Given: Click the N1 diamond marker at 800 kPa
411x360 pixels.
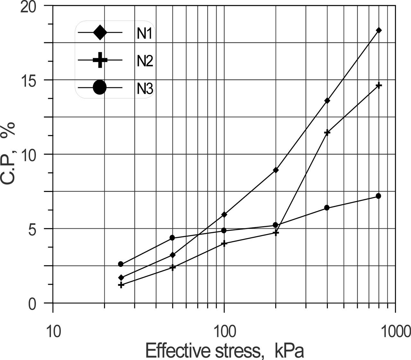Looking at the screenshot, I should (x=379, y=30).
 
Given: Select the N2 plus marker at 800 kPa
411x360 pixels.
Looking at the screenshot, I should (x=379, y=85).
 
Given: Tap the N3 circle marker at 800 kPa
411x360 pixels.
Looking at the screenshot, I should (x=378, y=196).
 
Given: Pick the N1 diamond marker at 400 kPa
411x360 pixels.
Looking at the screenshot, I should (x=327, y=100).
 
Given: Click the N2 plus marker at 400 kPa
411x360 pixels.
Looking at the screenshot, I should (x=327, y=132).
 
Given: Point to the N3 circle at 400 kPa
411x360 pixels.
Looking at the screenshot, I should (x=327, y=208).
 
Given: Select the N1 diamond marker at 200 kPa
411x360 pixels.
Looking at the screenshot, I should (x=275, y=170).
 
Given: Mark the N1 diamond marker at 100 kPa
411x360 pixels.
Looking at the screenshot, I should (x=224, y=214).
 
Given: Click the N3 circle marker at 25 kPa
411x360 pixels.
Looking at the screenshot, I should (x=121, y=264).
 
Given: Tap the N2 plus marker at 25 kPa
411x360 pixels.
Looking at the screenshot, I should (x=121, y=285).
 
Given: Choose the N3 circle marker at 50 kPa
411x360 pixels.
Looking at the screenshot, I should (x=172, y=238).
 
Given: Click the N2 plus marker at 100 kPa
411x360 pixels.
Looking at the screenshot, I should (x=224, y=243).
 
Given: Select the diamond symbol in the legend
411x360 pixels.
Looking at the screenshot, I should (x=100, y=32).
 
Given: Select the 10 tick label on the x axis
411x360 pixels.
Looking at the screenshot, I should (x=53, y=331).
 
